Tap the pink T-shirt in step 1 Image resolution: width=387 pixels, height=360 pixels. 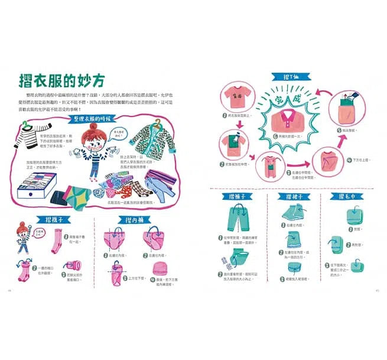236,98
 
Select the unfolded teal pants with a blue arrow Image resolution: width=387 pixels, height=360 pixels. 237,220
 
